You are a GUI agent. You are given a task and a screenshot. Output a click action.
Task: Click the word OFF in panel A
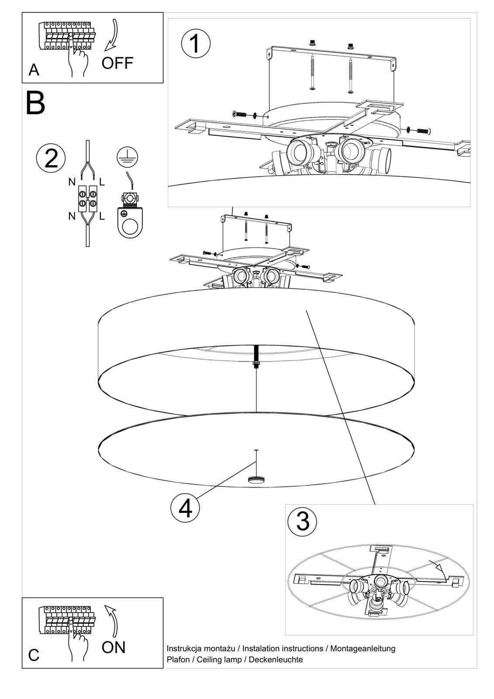(117, 63)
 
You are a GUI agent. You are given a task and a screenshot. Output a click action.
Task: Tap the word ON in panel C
(114, 647)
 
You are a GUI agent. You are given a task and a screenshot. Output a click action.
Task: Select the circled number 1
(195, 44)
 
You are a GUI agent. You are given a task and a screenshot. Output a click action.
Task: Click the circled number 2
(51, 158)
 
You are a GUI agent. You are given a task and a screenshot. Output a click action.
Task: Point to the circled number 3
(303, 521)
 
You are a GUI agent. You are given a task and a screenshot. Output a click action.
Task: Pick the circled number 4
(185, 509)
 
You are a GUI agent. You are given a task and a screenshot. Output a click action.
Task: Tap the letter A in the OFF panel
(34, 70)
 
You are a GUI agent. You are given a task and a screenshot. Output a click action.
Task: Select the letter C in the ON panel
(34, 655)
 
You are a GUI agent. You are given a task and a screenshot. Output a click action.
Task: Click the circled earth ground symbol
(127, 156)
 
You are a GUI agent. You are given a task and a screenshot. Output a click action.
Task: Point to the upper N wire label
(72, 182)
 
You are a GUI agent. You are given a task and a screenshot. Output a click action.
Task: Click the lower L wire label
(102, 216)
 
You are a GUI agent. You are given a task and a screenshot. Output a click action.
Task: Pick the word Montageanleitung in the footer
(363, 648)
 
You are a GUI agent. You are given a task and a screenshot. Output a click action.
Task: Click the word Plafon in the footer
(178, 660)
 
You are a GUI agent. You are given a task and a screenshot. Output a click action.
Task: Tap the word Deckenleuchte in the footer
(276, 660)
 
